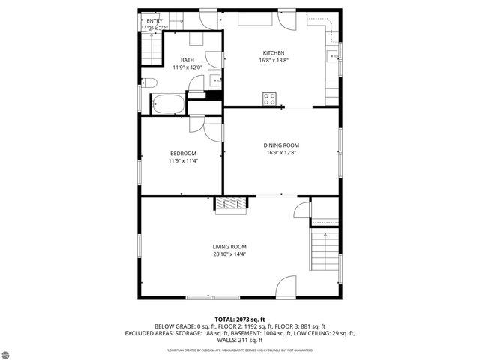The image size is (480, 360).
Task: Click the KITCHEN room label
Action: click(x=273, y=52)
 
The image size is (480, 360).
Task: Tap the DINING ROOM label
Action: click(x=281, y=145)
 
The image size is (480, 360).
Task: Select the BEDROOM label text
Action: click(x=182, y=153)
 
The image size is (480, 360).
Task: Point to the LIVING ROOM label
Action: click(x=229, y=247)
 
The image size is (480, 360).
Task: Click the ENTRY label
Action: click(x=153, y=21)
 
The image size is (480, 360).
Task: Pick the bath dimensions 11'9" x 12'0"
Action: click(x=187, y=67)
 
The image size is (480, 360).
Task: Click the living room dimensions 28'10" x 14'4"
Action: click(x=229, y=254)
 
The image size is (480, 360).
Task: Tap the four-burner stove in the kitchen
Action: click(x=269, y=97)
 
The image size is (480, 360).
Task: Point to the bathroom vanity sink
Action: click(x=215, y=79)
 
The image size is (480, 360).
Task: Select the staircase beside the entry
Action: click(x=152, y=51)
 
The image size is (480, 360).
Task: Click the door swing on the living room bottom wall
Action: click(x=286, y=286)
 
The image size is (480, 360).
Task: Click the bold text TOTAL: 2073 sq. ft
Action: click(x=240, y=319)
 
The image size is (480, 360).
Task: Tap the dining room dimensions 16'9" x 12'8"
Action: click(x=281, y=153)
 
